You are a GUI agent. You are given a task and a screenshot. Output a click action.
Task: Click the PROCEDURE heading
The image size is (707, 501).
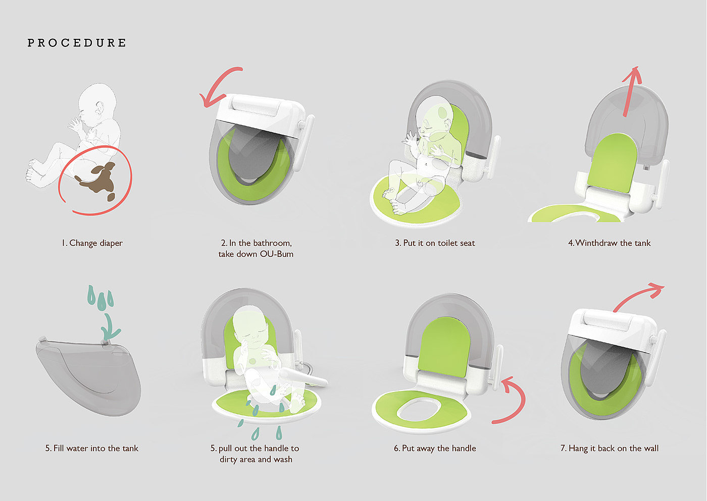[77, 43]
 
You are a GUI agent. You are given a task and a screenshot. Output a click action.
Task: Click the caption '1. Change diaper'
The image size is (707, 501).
[92, 243]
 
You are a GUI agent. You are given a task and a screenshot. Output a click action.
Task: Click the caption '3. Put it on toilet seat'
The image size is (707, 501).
[435, 243]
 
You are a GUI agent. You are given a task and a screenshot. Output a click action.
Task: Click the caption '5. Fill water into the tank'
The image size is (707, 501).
[92, 449]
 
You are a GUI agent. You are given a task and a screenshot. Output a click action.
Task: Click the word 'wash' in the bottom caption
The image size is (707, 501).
[283, 460]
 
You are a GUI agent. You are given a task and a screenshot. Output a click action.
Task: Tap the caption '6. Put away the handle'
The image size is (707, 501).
[435, 449]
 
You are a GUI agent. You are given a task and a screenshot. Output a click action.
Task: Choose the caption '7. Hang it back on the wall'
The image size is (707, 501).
[610, 449]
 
